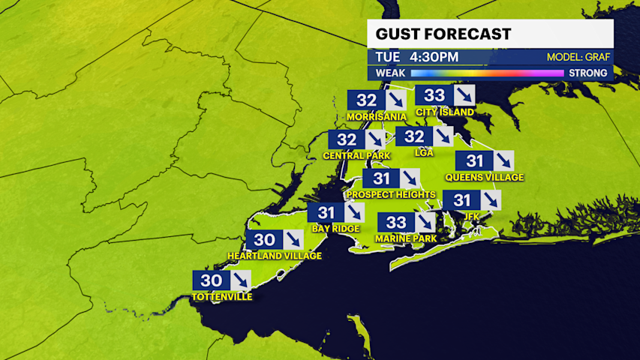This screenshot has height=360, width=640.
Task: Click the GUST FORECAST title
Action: (x=443, y=34)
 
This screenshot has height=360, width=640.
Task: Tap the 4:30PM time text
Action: (x=434, y=57)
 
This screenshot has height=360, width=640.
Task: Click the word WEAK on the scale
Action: (x=390, y=73)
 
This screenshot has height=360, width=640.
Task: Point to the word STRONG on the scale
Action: (x=587, y=73)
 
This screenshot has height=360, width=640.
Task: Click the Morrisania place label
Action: (x=377, y=117)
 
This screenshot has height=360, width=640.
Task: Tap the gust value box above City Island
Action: (x=435, y=95)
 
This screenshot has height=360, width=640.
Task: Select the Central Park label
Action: (x=356, y=156)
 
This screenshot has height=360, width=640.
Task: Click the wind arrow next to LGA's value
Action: (x=443, y=136)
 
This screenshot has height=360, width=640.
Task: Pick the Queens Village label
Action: (x=484, y=178)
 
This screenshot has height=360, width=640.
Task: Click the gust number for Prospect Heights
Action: (x=382, y=178)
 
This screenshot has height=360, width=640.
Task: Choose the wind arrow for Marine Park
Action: (x=425, y=222)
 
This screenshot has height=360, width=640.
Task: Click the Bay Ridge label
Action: (x=335, y=228)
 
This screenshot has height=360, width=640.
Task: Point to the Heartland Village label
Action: (x=275, y=256)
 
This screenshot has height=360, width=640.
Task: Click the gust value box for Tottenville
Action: (x=212, y=280)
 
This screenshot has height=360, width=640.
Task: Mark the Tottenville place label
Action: (x=221, y=296)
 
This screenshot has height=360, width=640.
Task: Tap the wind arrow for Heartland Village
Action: (x=292, y=240)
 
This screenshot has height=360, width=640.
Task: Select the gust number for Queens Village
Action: (x=475, y=160)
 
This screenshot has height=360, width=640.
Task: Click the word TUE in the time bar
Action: (x=387, y=57)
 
